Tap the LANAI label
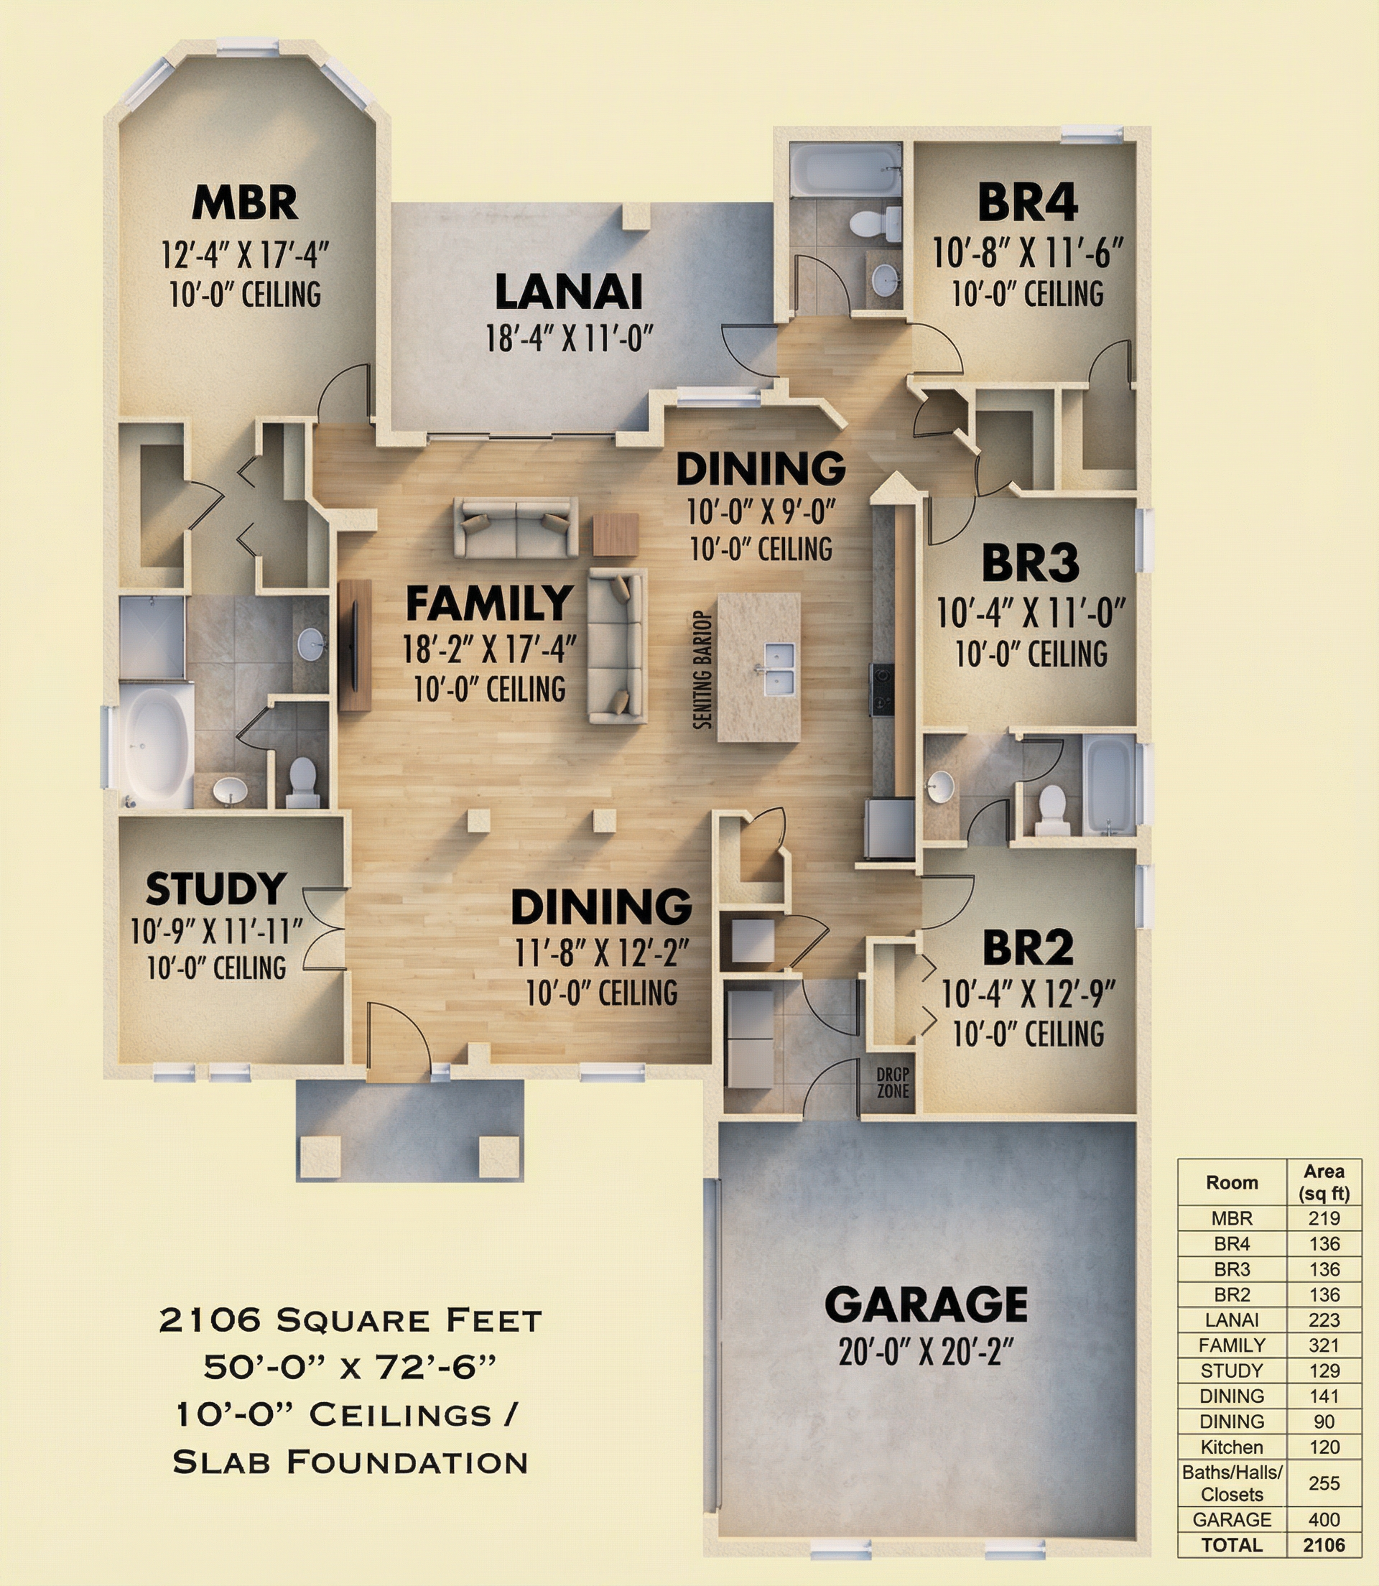[569, 292]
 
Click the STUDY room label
[216, 889]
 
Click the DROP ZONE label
[893, 1084]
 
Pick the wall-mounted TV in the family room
[356, 645]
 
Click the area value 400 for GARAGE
[1324, 1520]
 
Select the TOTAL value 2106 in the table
[1324, 1545]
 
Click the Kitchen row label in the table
[1231, 1447]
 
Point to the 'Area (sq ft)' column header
[1324, 1183]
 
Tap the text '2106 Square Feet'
[351, 1320]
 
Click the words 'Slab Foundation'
[351, 1462]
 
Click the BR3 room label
[1030, 563]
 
